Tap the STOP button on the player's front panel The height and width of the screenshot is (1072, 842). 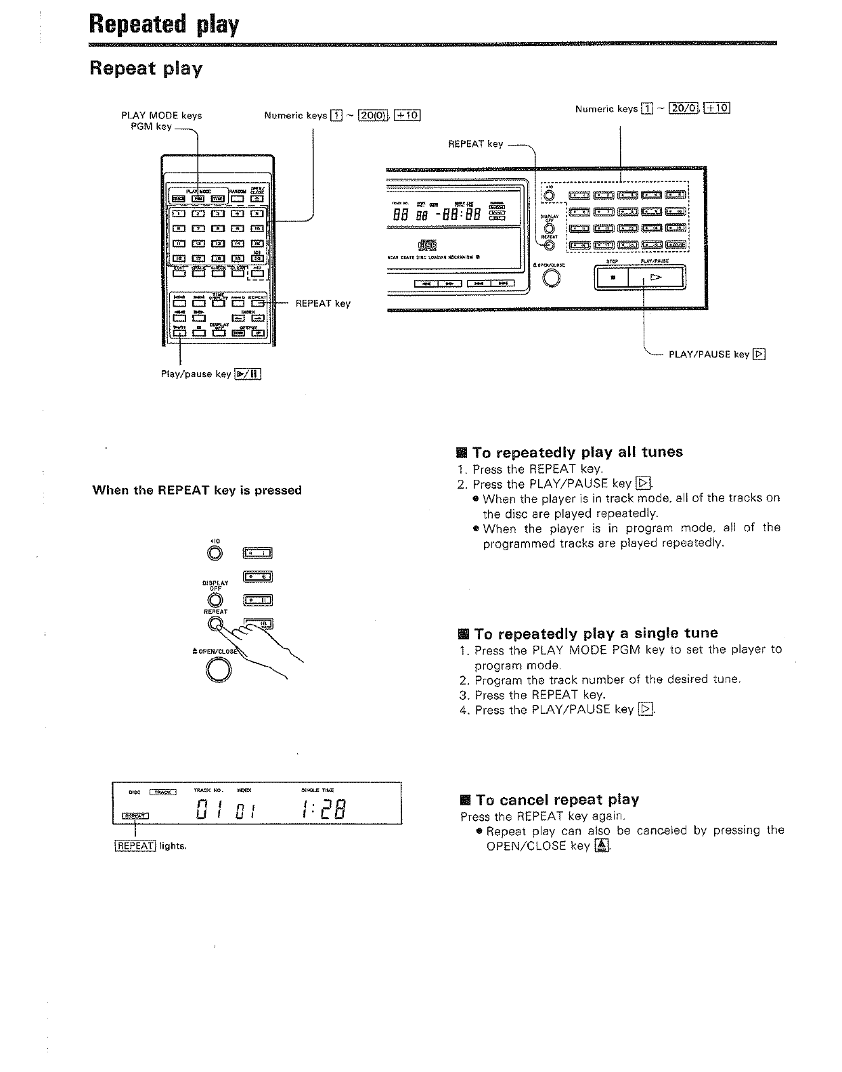point(612,277)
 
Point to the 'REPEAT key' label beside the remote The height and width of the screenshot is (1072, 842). point(323,303)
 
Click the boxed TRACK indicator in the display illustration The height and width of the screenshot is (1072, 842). point(162,792)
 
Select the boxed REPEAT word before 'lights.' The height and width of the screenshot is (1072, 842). point(136,846)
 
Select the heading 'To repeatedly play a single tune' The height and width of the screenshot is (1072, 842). point(596,633)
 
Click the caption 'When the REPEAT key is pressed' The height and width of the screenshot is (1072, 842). point(197,490)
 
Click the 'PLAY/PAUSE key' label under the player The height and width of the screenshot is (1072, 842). point(709,355)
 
